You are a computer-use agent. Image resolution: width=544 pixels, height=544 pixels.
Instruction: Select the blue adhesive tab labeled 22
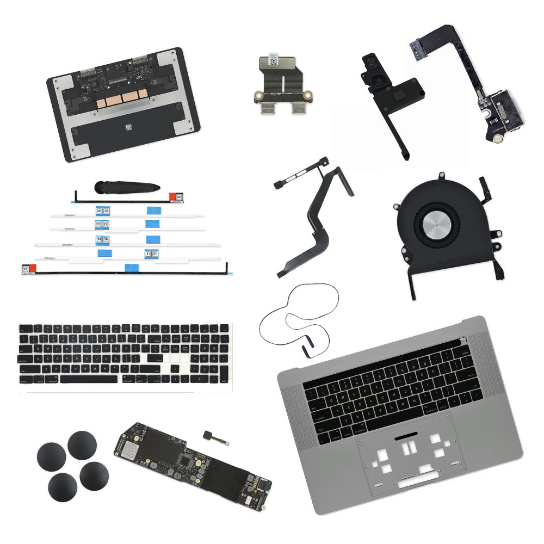pyautogui.click(x=102, y=211)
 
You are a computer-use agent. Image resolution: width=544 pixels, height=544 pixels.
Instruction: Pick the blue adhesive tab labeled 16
pyautogui.click(x=103, y=239)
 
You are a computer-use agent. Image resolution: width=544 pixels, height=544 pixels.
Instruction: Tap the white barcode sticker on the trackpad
pyautogui.click(x=129, y=128)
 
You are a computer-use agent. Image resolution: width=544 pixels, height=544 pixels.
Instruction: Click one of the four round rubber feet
pyautogui.click(x=82, y=446)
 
